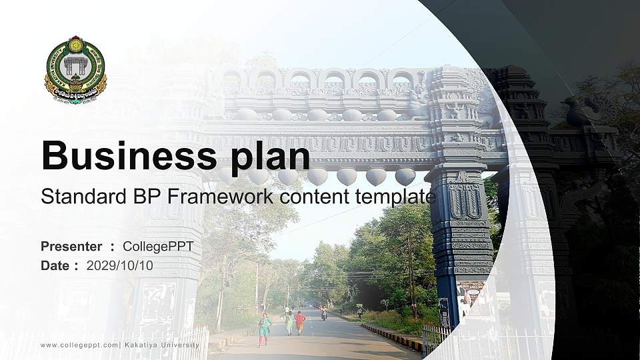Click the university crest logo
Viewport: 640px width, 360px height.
[75, 69]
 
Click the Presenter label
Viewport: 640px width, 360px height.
[71, 247]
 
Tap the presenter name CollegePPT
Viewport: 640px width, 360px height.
[158, 247]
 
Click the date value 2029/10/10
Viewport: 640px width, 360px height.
[119, 265]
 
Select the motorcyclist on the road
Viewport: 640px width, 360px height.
[324, 313]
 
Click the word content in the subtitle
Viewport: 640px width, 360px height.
[307, 197]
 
